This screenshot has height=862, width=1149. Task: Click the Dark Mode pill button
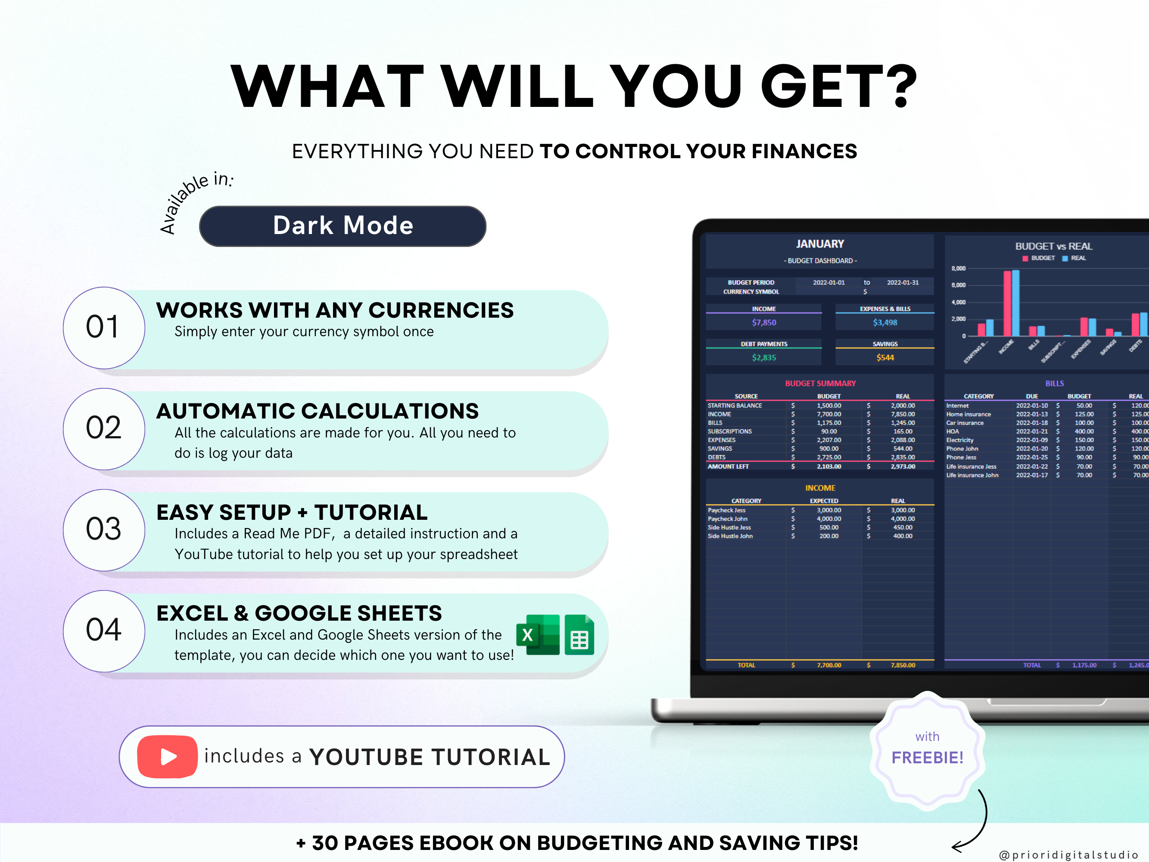[x=343, y=226]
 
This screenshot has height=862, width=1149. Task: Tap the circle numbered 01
[x=104, y=327]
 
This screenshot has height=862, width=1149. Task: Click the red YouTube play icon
[x=167, y=756]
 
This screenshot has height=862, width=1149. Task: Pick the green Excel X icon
[x=537, y=634]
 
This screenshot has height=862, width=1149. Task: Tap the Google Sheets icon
[x=579, y=635]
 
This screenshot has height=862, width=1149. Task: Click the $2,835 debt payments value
[x=763, y=357]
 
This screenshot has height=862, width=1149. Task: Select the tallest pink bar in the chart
[x=1007, y=303]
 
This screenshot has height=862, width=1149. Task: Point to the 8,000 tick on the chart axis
[x=959, y=269]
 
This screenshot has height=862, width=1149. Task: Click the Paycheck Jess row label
[x=727, y=510]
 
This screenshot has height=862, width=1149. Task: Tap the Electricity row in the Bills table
[x=960, y=440]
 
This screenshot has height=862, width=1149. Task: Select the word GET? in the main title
[x=838, y=86]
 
